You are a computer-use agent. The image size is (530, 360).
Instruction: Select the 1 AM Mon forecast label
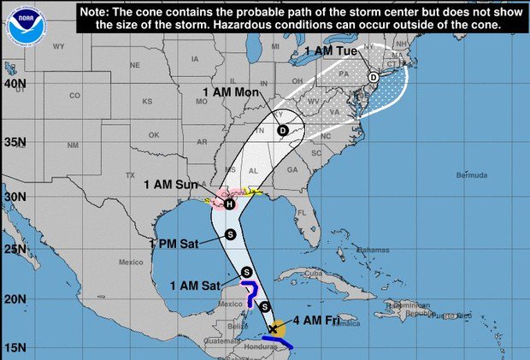(231, 91)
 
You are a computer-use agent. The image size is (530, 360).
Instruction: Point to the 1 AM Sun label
(171, 184)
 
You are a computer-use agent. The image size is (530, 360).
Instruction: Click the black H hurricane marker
(229, 204)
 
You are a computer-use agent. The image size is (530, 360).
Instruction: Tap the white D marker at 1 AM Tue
(373, 78)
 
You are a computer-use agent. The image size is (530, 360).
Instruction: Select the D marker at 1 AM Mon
(283, 131)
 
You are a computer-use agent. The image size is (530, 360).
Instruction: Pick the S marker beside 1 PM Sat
(229, 233)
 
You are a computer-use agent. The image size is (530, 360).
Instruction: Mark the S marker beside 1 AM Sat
(247, 273)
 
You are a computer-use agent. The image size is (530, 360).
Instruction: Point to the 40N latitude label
(14, 84)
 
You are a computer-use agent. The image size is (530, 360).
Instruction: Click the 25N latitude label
(14, 249)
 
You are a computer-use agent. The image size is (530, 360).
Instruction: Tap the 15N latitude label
(14, 348)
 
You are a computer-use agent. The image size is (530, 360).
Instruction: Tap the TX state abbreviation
(130, 174)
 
